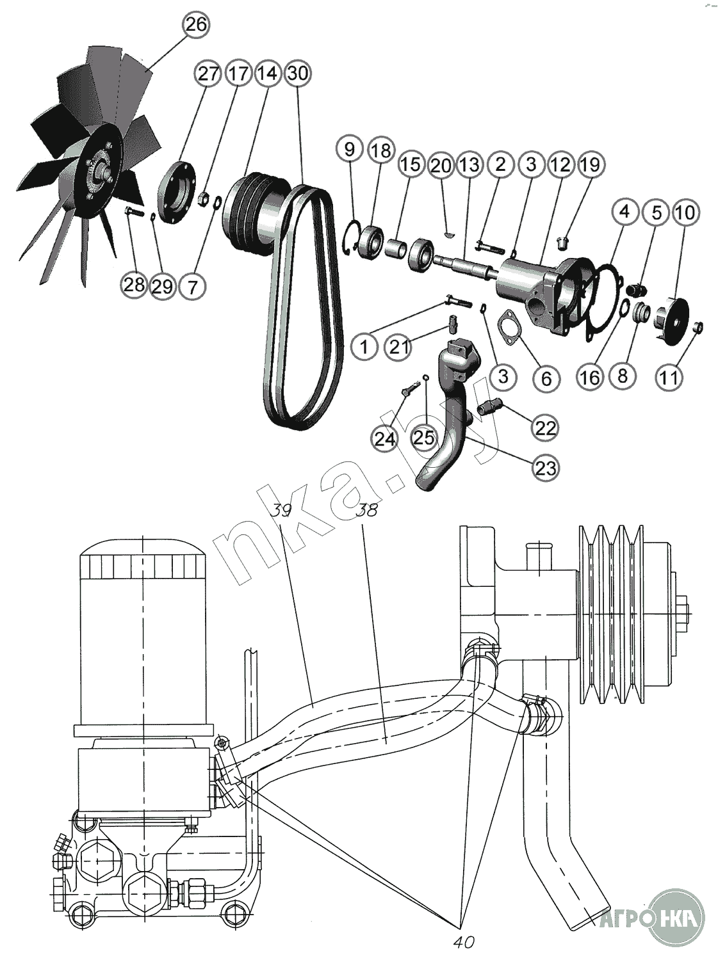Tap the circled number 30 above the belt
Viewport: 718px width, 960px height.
click(298, 73)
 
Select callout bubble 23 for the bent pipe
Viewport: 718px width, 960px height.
click(544, 468)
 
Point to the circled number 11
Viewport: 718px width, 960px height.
click(669, 377)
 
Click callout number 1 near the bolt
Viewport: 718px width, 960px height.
click(364, 348)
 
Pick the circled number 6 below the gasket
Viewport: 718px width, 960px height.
click(546, 378)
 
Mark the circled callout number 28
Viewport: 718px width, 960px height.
click(135, 284)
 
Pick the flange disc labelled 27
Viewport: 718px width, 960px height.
click(177, 194)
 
